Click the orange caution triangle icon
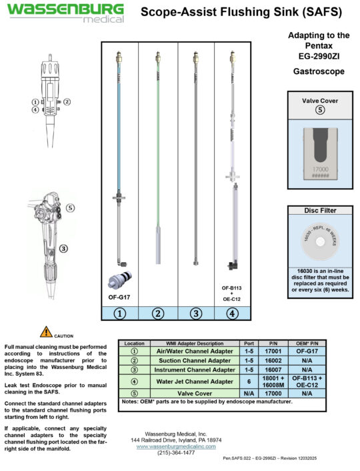pyautogui.click(x=45, y=331)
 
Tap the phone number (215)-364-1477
pyautogui.click(x=176, y=453)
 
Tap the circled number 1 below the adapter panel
pyautogui.click(x=120, y=312)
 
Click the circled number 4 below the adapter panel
pyautogui.click(x=232, y=312)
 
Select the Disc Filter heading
pyautogui.click(x=319, y=210)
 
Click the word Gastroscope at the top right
pyautogui.click(x=319, y=70)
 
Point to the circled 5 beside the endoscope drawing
pyautogui.click(x=71, y=207)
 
